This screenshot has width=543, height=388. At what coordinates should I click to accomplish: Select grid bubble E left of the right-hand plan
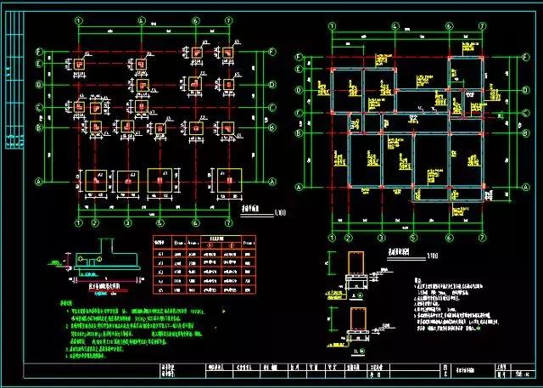(299, 70)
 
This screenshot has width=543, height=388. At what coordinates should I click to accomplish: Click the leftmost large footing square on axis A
(89, 180)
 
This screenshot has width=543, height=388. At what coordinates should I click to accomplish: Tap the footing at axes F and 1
(79, 63)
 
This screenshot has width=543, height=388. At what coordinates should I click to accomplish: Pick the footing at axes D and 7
(227, 84)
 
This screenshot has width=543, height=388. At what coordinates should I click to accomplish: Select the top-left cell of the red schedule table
(159, 241)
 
